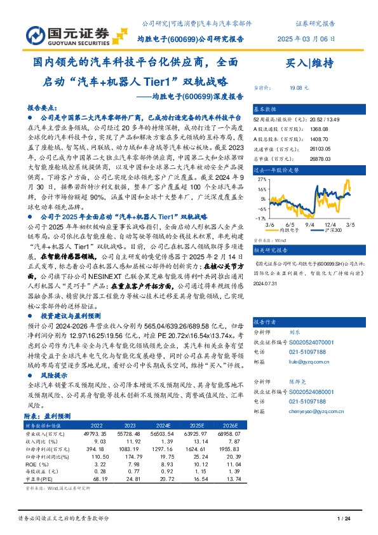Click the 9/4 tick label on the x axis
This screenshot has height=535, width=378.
tap(311, 224)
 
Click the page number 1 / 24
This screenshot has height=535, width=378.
tap(343, 518)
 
